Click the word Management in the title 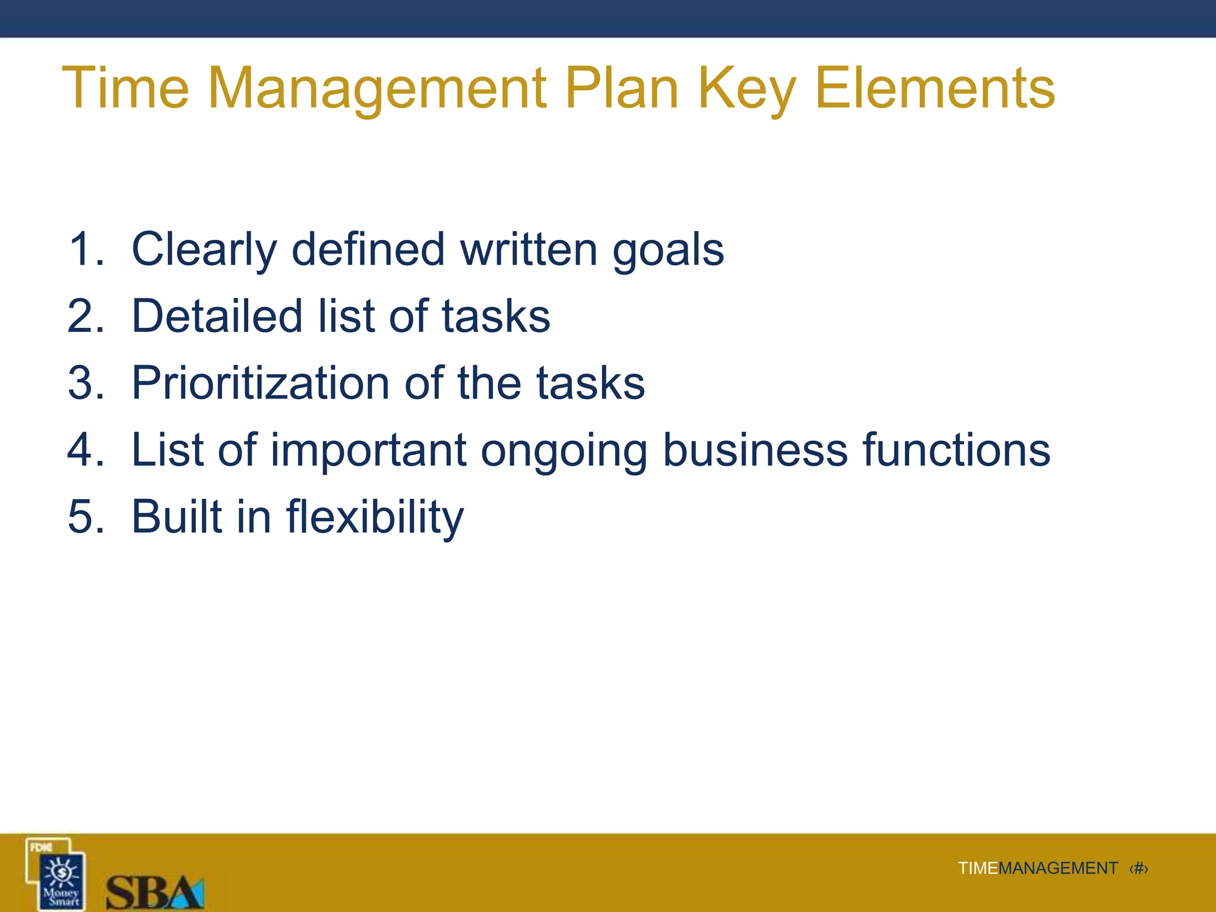(x=377, y=89)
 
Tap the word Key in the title (x=746, y=89)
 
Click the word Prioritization (x=260, y=383)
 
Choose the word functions (x=956, y=449)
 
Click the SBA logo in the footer (x=154, y=891)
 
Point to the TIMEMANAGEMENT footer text (x=1037, y=869)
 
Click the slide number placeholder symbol (x=1138, y=869)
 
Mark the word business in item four (x=755, y=449)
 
